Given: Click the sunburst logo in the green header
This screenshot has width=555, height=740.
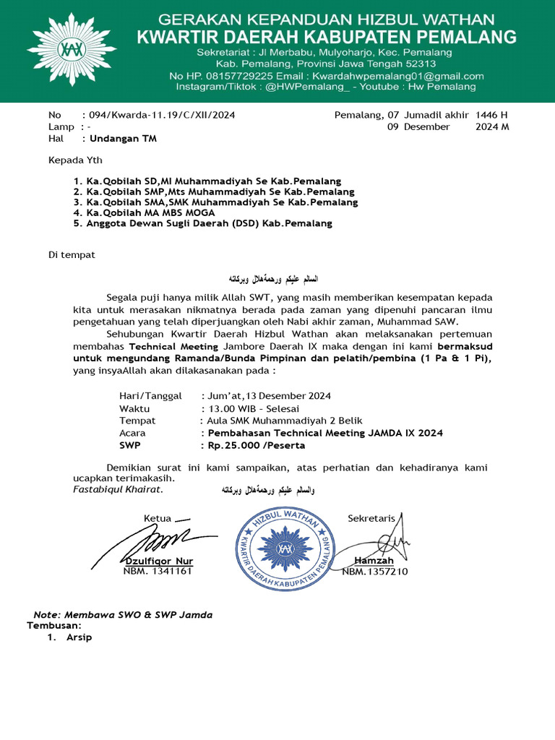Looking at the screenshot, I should tap(61, 50).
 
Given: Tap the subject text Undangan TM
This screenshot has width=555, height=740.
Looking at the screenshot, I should tap(122, 138).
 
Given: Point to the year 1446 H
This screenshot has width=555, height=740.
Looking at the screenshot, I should tap(491, 115).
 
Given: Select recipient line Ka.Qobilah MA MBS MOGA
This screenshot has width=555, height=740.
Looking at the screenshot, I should tap(141, 213).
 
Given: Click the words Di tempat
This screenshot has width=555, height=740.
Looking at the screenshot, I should tap(72, 255).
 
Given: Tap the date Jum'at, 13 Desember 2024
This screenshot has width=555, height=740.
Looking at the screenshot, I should tap(267, 395).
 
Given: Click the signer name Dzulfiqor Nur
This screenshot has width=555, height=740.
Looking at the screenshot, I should tap(160, 562).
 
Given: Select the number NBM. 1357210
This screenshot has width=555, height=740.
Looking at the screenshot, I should tap(375, 572).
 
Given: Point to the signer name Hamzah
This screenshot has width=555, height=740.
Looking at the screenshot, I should tap(374, 562).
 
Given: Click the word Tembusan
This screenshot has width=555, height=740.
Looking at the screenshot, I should tap(54, 625).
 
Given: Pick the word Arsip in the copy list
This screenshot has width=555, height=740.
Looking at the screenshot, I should tap(79, 638).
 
